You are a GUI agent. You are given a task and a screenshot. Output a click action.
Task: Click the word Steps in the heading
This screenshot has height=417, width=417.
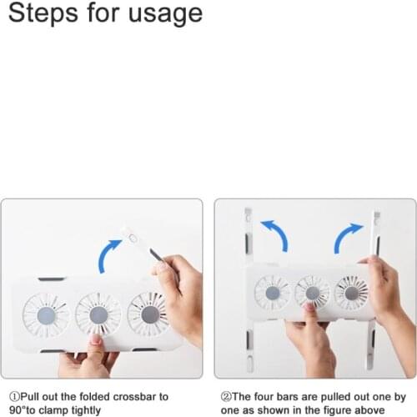click(x=43, y=13)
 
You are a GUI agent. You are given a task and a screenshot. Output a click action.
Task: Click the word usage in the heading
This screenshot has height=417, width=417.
click(x=166, y=14)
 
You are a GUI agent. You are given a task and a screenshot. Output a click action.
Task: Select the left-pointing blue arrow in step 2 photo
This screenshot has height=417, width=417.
click(x=277, y=234)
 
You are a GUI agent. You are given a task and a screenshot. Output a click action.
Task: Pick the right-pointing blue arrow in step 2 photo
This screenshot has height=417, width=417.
click(x=346, y=236)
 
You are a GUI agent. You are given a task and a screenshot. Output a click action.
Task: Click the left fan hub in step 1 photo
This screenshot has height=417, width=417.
click(x=46, y=316)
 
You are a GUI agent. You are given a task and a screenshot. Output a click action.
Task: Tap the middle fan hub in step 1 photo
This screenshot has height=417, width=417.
click(x=98, y=315)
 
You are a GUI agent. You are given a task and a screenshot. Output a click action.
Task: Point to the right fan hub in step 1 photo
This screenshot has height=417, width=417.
click(x=150, y=314)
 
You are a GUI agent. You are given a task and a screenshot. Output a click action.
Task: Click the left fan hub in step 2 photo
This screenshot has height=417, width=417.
click(x=273, y=293)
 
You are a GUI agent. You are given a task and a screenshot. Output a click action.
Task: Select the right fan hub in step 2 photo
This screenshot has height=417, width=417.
click(x=352, y=293)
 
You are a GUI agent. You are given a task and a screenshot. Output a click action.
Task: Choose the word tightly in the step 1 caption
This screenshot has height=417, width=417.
click(x=86, y=410)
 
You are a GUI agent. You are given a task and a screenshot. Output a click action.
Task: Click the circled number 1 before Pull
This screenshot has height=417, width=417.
click(x=14, y=396)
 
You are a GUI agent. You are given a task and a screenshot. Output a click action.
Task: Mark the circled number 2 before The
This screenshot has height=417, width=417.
click(x=226, y=396)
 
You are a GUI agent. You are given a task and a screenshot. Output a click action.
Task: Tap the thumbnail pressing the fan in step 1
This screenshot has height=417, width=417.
click(x=96, y=339)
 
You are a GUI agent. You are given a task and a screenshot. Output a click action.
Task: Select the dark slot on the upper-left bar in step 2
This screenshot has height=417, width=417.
click(x=247, y=243)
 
